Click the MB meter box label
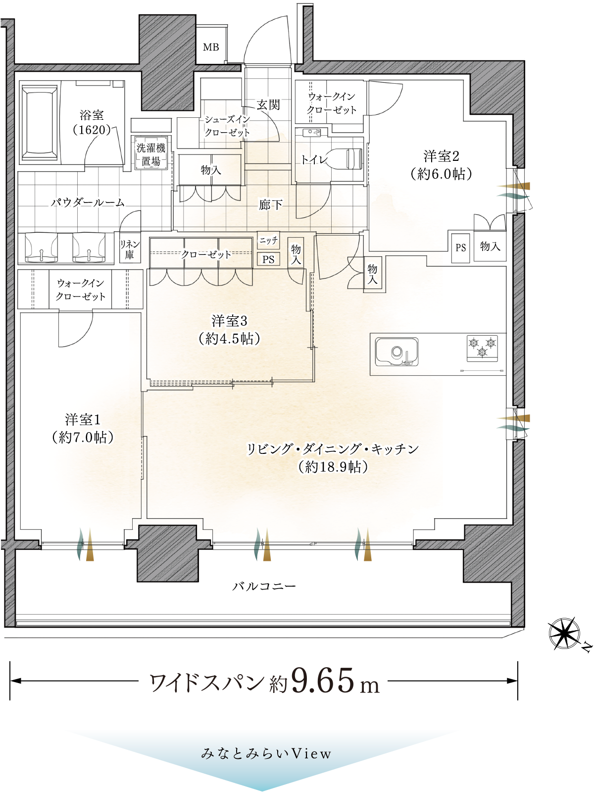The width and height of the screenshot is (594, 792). [x=211, y=47]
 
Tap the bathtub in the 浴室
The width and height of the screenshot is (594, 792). [x=40, y=123]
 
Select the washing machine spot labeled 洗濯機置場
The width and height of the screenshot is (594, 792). [x=151, y=153]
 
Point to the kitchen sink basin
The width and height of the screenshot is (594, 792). [x=396, y=351]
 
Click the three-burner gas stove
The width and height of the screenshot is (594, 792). [x=483, y=348]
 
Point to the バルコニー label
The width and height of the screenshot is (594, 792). [x=264, y=586]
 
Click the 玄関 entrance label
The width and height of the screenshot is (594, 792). [x=268, y=105]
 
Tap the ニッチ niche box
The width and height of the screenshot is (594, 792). [x=268, y=240]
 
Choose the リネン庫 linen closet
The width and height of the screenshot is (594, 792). [x=130, y=248]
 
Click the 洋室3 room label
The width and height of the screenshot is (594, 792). [x=229, y=320]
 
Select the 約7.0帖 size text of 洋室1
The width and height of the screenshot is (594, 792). [x=83, y=437]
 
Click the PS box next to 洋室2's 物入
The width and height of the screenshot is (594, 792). [x=460, y=247]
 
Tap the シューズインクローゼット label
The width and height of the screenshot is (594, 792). [x=227, y=126]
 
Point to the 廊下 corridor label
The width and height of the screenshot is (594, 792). [x=270, y=205]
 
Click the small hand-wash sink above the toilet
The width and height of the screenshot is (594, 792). [x=312, y=133]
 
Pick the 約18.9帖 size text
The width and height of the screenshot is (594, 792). [x=333, y=467]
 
